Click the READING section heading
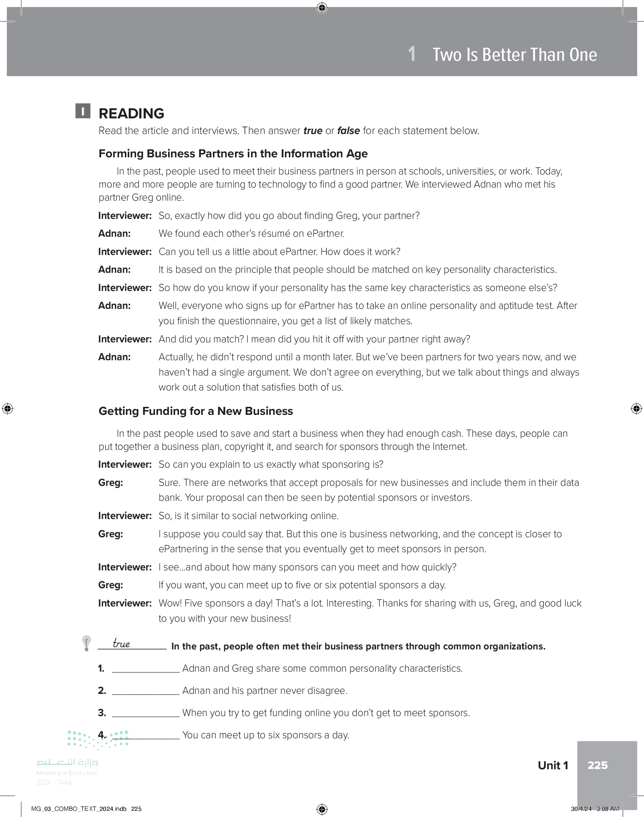[x=131, y=113]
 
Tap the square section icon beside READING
[x=83, y=111]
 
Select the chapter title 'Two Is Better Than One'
[x=514, y=55]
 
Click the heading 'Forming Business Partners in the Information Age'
[x=233, y=154]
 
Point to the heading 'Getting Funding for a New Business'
[x=196, y=411]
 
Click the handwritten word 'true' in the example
[x=121, y=643]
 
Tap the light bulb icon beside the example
[x=86, y=643]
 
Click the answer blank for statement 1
[x=146, y=669]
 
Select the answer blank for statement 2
[x=146, y=691]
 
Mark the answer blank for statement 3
[x=146, y=714]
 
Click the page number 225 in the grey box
[x=598, y=765]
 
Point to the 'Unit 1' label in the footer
[x=553, y=765]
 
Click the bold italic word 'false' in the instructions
[x=349, y=130]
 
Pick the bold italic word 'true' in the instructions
[x=313, y=130]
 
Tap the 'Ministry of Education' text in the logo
[x=67, y=773]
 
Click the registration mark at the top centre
[x=322, y=8]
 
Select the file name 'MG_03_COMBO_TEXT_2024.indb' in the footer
[x=79, y=809]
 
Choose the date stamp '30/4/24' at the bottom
[x=581, y=809]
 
